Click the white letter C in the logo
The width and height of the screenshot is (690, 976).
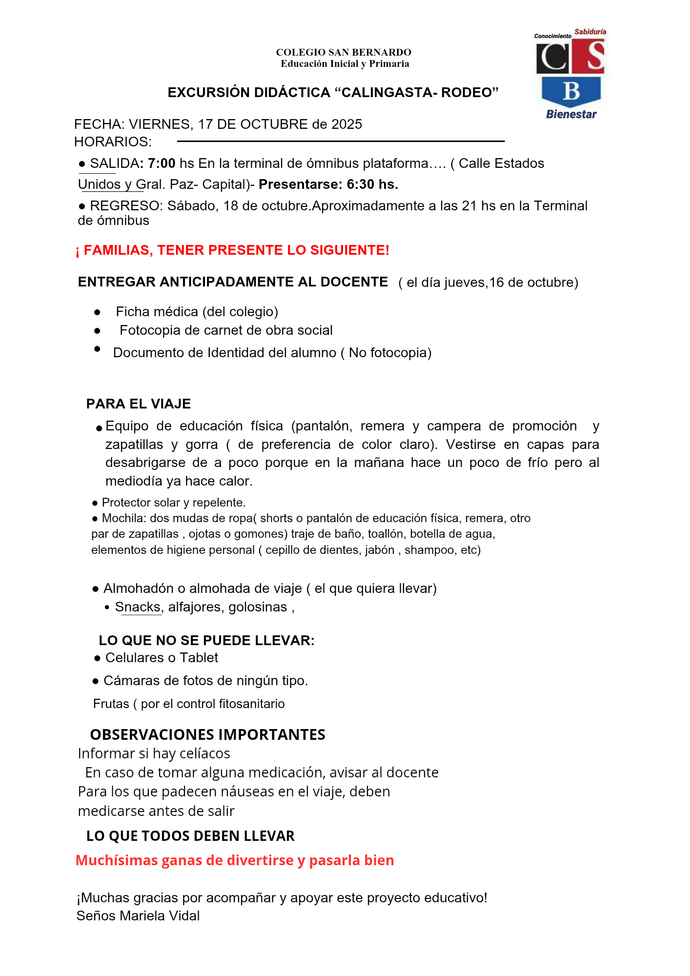(553, 58)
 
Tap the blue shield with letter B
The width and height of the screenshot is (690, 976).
(571, 91)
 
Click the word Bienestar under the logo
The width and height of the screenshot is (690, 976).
(571, 114)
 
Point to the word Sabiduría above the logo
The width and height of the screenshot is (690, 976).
(590, 32)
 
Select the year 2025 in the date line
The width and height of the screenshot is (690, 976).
(346, 124)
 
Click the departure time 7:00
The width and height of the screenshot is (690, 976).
(162, 163)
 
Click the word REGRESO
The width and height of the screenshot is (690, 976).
(125, 206)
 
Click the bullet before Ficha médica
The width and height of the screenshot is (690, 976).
(98, 312)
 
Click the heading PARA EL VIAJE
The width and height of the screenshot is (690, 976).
(139, 404)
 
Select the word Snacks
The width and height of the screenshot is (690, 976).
(138, 607)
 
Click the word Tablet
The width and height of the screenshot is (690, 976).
(199, 658)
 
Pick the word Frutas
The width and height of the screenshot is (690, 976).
(111, 704)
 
